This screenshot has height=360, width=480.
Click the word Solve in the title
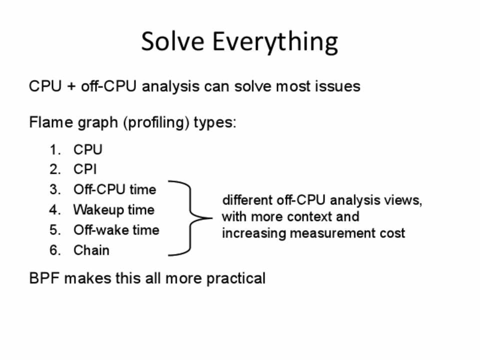coord(172,41)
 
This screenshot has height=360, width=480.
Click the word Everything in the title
coord(275,43)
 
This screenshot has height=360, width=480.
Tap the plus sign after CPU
coord(71,86)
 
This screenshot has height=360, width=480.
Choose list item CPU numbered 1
coord(88,149)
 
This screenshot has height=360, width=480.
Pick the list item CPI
coord(85,169)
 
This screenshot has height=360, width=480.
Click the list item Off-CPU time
coord(115,189)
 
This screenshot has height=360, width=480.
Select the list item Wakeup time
coord(114,210)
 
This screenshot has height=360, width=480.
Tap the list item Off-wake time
coord(116,230)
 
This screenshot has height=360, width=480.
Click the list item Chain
coord(91,250)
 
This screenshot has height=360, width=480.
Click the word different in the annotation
coord(247,200)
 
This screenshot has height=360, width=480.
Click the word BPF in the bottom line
coord(44,278)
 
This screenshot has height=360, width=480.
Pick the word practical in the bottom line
coord(235,278)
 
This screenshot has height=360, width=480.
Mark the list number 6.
coord(55,250)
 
